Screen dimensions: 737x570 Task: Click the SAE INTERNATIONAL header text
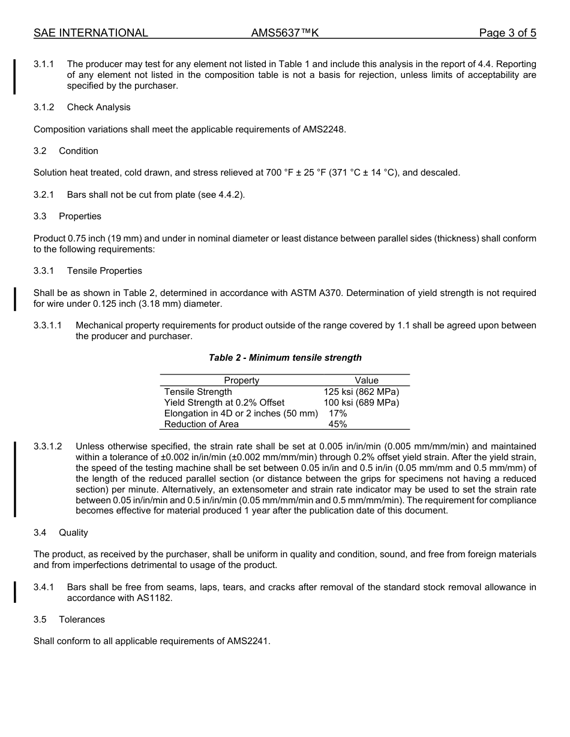tap(91, 33)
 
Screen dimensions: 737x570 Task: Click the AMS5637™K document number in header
tap(284, 33)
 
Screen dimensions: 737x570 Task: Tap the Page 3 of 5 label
tap(507, 33)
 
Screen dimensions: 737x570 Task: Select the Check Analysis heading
tap(98, 107)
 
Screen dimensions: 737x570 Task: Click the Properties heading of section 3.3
tap(80, 216)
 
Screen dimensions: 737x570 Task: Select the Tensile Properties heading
tap(104, 271)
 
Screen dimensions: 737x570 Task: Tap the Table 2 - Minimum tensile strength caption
tap(285, 358)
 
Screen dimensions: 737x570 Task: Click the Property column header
tap(241, 380)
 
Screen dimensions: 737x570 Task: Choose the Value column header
tap(366, 380)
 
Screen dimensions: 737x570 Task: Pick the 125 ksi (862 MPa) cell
tap(361, 392)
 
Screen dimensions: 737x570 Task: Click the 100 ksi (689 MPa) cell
tap(361, 403)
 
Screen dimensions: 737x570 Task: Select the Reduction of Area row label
tap(201, 424)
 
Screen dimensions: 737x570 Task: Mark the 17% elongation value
tap(338, 413)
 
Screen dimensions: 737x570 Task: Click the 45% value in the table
tap(338, 424)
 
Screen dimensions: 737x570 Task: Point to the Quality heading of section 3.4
tap(73, 533)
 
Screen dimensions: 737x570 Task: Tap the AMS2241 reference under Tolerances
tap(248, 641)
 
